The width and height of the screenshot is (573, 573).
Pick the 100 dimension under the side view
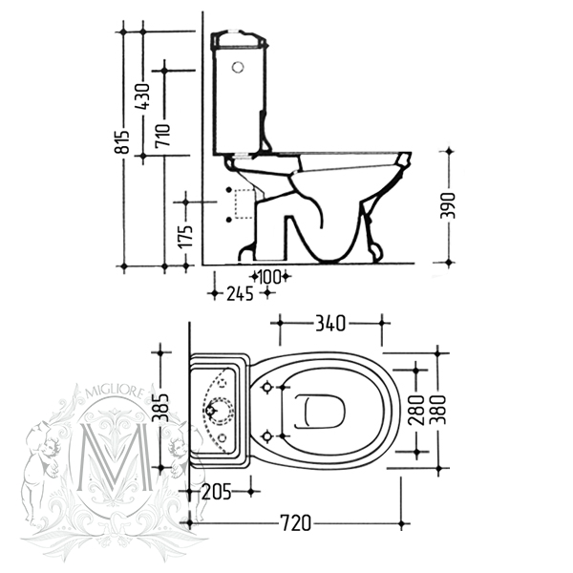(x=269, y=277)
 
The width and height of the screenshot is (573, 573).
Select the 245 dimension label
(x=239, y=294)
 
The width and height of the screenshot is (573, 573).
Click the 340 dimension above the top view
(x=329, y=324)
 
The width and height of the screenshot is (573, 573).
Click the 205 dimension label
(x=218, y=492)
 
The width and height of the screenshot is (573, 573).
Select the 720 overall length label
(x=296, y=523)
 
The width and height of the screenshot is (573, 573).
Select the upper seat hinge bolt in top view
(x=267, y=387)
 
